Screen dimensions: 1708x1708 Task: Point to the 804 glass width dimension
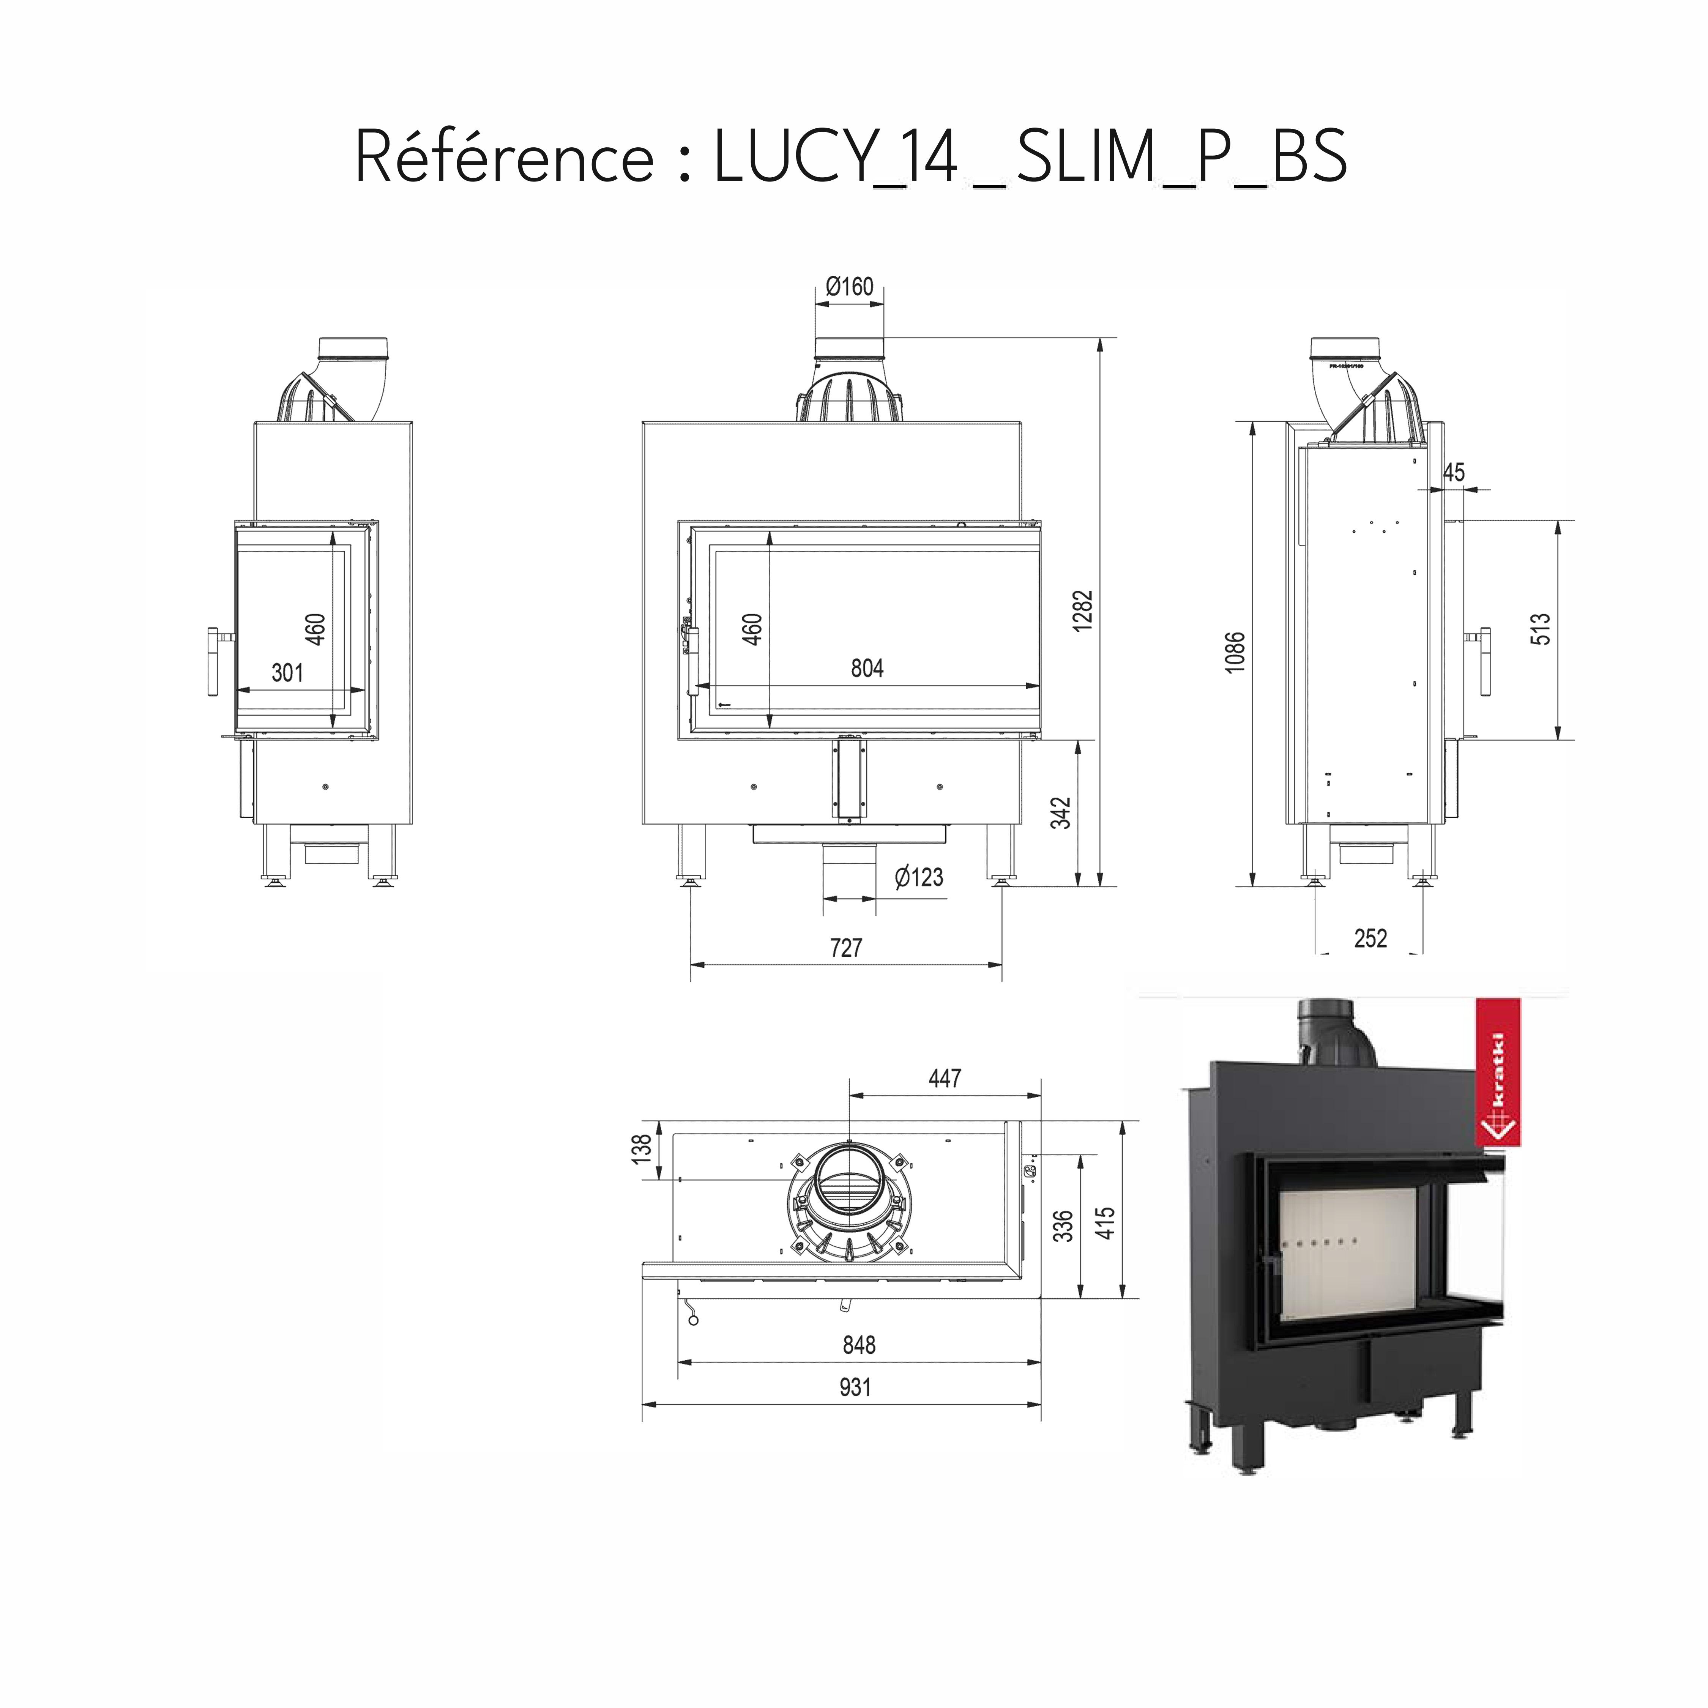pyautogui.click(x=866, y=668)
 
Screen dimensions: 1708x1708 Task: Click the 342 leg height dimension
pyautogui.click(x=1061, y=813)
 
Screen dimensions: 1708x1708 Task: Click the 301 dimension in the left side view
pyautogui.click(x=287, y=673)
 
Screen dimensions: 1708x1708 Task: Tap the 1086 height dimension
pyautogui.click(x=1235, y=653)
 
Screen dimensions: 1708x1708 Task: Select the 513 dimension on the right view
pyautogui.click(x=1540, y=629)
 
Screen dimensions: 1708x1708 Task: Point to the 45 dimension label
pyautogui.click(x=1453, y=473)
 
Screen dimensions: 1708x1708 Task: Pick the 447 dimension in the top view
pyautogui.click(x=944, y=1079)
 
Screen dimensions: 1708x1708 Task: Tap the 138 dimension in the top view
pyautogui.click(x=643, y=1148)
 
